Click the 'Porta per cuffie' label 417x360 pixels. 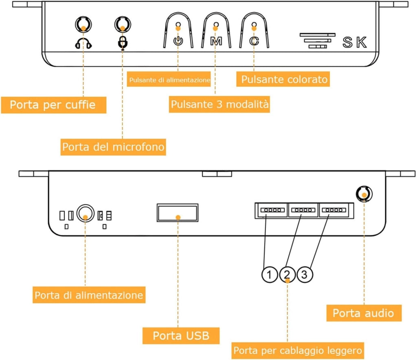point(53,105)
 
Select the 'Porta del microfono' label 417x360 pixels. point(113,147)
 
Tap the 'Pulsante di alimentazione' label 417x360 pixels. point(169,79)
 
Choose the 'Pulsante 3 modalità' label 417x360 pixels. point(219,104)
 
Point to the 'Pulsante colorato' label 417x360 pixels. point(283,79)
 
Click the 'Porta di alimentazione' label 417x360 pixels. point(89,295)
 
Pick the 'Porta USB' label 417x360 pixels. point(181,336)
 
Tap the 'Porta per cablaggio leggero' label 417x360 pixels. point(298,351)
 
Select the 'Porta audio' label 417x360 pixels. point(364,313)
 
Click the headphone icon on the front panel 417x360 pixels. point(83,43)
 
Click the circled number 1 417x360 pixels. point(270,275)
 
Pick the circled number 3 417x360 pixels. point(305,275)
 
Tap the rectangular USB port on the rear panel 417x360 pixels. point(178,213)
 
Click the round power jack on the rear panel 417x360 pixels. point(86,213)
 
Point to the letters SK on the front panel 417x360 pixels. point(355,42)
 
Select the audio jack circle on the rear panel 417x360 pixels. point(364,194)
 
